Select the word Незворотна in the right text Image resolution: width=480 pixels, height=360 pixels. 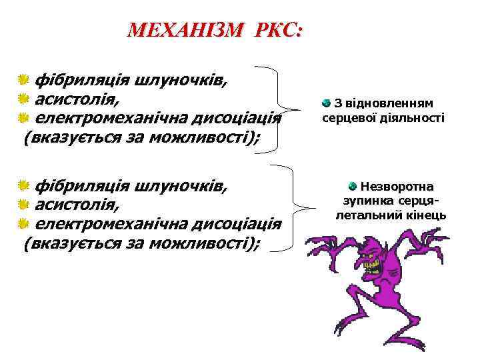(397, 187)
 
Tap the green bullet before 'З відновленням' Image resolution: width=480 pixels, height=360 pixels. (326, 103)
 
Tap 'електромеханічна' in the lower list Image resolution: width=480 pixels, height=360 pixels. (111, 223)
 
